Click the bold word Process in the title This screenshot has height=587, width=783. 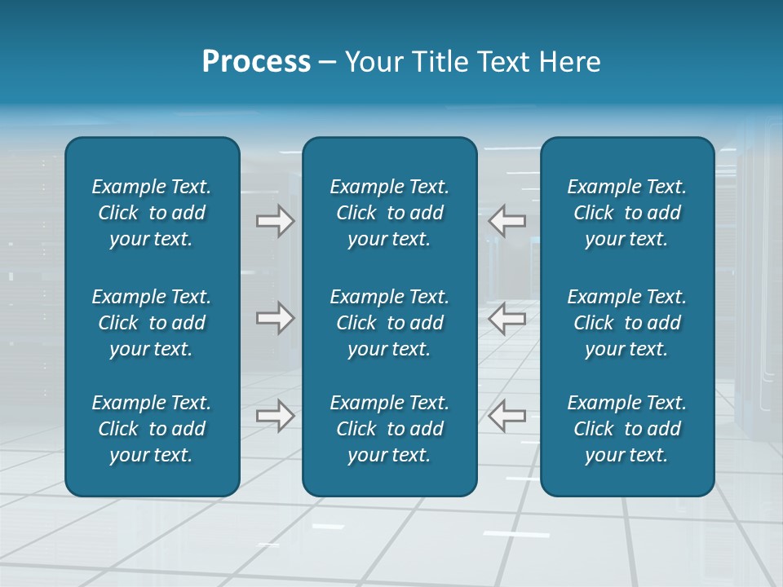coord(256,62)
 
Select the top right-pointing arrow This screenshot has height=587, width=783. coord(275,221)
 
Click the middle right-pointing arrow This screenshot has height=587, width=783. coord(275,318)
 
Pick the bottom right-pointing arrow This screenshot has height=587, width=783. coord(275,416)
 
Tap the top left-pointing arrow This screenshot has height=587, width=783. coord(507,221)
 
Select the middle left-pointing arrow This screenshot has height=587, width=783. coord(507,318)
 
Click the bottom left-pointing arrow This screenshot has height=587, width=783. coord(507,416)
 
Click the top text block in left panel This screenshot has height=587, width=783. coord(152,213)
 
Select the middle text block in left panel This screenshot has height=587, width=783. coord(152,323)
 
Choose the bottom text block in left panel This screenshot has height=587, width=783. coord(152,429)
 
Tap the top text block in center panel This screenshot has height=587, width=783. coord(390,213)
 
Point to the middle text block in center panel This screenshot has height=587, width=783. coord(390,323)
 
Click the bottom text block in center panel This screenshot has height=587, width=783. coord(390,429)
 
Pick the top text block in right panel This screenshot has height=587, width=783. coord(627,213)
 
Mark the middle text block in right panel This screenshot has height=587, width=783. coord(627,323)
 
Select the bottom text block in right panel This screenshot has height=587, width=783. coord(627,429)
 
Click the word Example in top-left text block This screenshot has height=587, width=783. coord(127,188)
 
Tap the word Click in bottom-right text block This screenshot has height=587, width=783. coord(593,429)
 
